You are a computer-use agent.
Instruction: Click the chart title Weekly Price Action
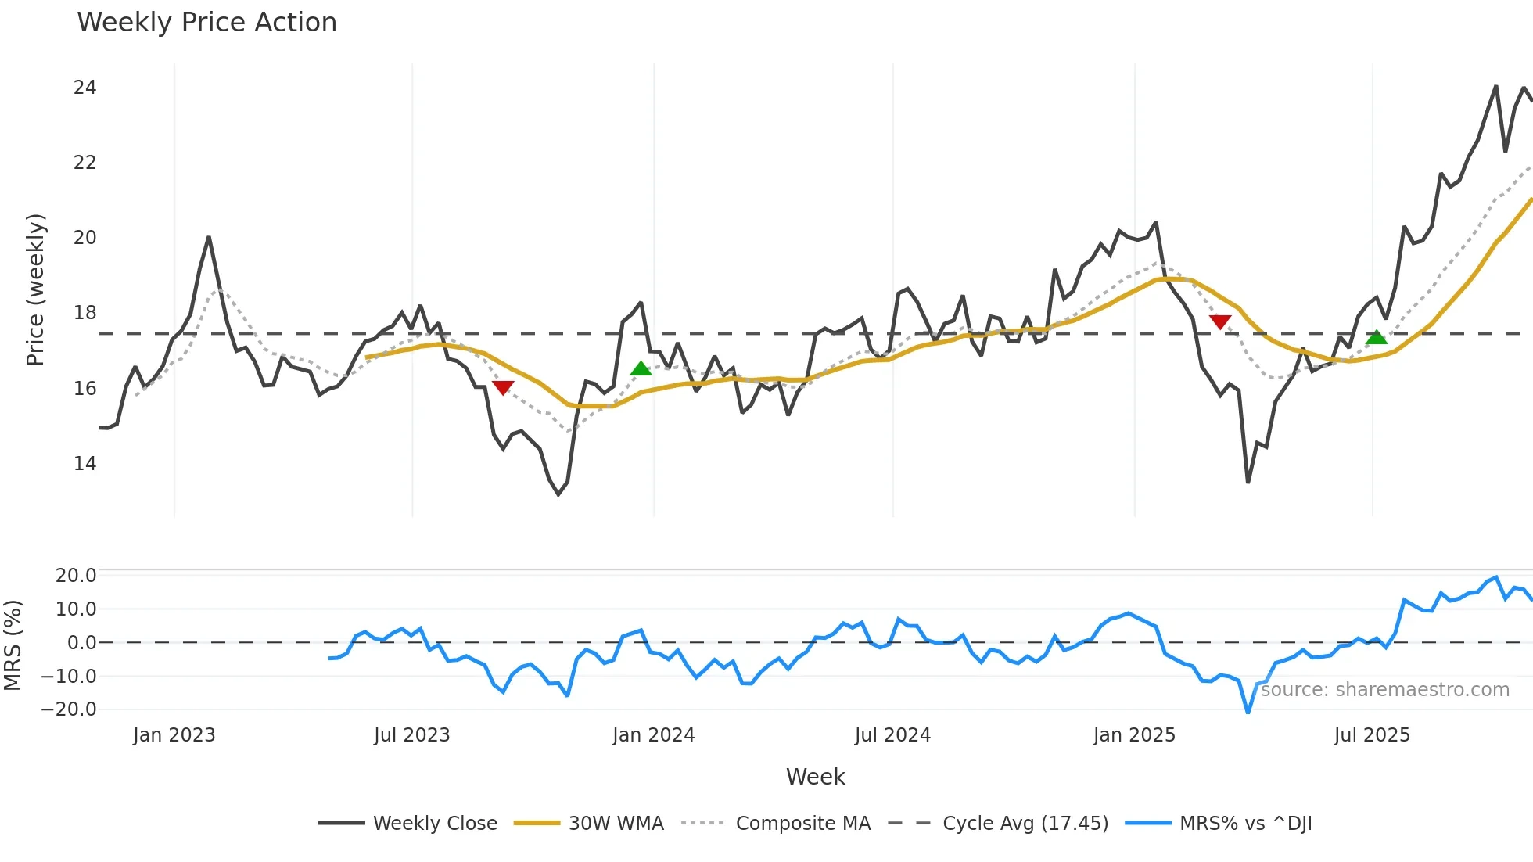[x=206, y=23]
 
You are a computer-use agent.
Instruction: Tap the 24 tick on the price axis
[x=84, y=88]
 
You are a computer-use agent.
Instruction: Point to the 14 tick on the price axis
[x=84, y=464]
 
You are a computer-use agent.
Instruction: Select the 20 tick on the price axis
[x=84, y=238]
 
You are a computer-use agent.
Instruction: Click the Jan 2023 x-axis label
[x=174, y=735]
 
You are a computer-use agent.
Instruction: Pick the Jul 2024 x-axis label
[x=892, y=735]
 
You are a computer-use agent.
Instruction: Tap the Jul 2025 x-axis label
[x=1372, y=735]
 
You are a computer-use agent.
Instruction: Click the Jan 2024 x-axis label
[x=653, y=735]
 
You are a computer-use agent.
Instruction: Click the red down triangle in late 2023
[x=503, y=387]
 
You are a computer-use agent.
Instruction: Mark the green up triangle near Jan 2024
[x=641, y=369]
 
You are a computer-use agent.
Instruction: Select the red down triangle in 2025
[x=1220, y=321]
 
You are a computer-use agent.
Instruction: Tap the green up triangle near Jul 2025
[x=1377, y=337]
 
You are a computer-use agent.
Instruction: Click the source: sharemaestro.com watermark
[x=1384, y=690]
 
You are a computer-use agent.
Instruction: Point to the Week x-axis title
[x=815, y=777]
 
